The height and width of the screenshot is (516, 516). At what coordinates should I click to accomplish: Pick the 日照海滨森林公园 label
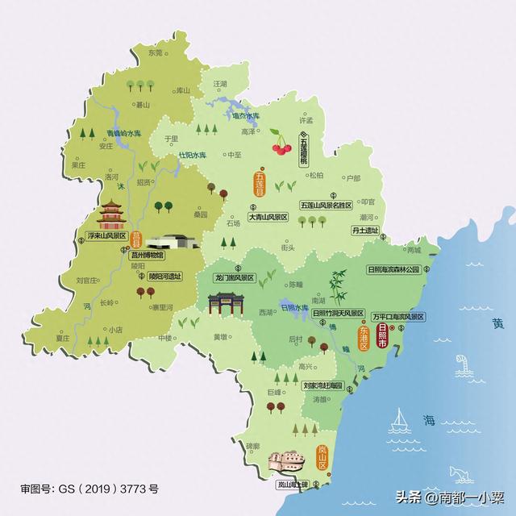pos(394,270)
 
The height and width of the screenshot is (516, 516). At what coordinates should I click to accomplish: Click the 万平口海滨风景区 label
pos(398,316)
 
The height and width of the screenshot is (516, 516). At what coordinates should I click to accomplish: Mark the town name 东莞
pos(155,53)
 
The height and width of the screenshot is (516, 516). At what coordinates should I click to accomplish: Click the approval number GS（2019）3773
pos(90,489)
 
